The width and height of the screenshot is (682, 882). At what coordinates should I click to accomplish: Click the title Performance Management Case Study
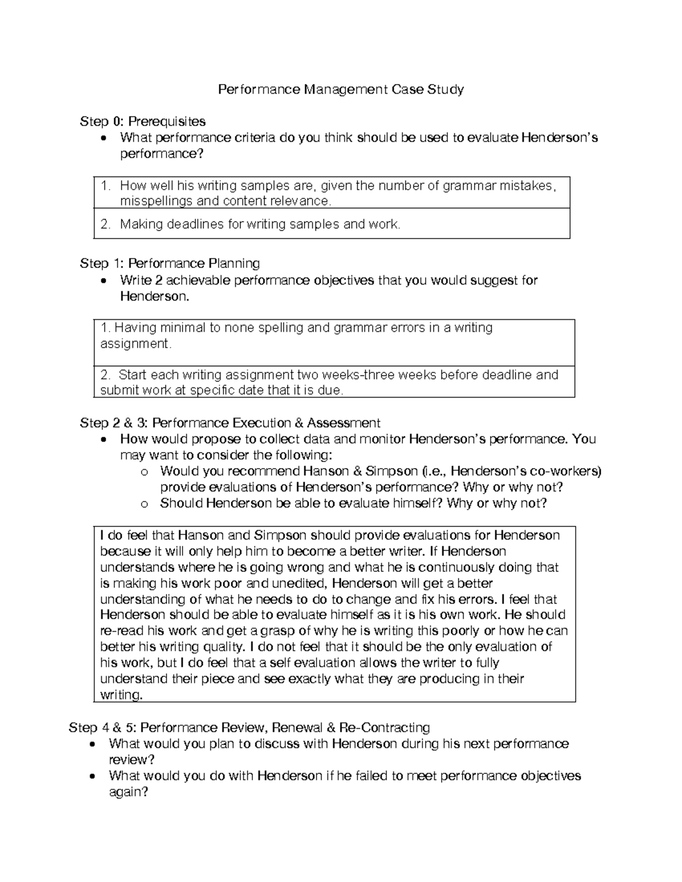coord(341,89)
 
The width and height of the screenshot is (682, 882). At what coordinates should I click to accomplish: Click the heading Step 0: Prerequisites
coord(143,121)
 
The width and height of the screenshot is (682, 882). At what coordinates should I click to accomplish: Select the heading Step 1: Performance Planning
coord(170,263)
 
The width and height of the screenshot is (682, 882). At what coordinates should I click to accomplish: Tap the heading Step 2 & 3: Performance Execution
coord(230,423)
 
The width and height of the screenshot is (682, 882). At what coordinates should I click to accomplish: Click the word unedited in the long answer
coord(298,583)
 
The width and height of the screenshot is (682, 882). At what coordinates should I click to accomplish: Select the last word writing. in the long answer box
coord(121,695)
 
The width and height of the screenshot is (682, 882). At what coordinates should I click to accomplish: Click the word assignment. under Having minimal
coord(135,344)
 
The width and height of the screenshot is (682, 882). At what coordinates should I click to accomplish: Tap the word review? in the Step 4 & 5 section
coord(131,760)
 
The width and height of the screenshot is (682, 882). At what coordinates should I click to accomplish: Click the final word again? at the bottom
coord(128,792)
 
